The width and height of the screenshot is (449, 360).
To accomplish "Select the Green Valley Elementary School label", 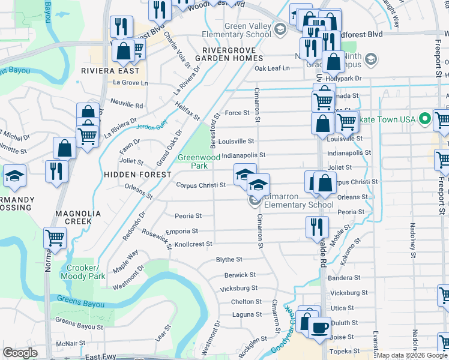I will click(248, 30).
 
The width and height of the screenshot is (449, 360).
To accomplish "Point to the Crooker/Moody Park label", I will click(86, 272).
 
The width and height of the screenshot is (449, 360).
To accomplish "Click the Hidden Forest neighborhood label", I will click(130, 174).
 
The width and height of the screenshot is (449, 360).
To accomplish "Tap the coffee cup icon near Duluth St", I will click(320, 327).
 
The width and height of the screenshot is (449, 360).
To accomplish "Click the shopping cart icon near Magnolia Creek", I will click(55, 237).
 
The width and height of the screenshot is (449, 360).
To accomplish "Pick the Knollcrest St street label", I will click(193, 244).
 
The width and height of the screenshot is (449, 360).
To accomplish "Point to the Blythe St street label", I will click(229, 260).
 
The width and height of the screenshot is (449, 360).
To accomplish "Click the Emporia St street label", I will click(186, 231).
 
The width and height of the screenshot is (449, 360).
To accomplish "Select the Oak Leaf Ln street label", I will click(272, 68).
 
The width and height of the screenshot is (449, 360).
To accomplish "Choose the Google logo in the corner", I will click(19, 353).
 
